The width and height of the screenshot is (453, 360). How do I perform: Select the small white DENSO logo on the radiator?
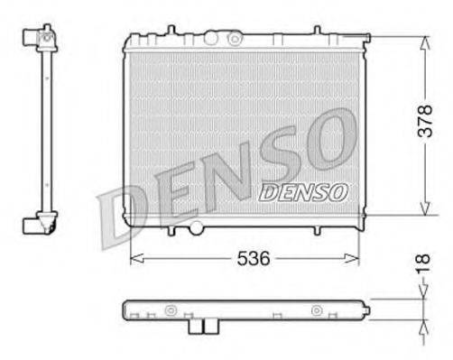pos(303,191)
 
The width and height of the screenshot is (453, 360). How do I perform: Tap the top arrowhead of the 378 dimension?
pos(423,42)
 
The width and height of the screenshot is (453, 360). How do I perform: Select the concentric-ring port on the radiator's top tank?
pos(235,39)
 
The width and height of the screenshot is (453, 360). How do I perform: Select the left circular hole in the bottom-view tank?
pos(169,311)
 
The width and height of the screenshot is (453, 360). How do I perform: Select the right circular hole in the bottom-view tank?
pos(316,311)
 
